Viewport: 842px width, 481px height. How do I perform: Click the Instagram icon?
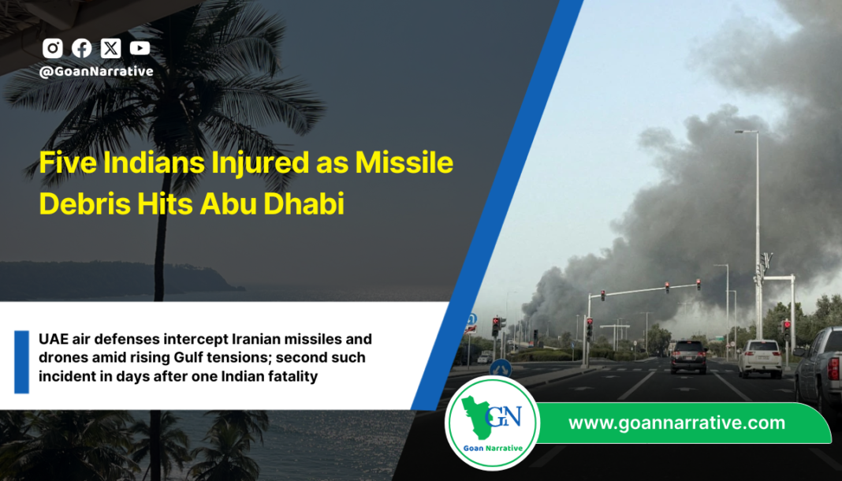[53, 48]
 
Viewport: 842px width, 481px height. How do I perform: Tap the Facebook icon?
[82, 48]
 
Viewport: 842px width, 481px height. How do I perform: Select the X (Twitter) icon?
[111, 48]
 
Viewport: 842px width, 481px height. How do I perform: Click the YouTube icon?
[140, 48]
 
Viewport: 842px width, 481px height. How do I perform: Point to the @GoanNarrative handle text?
[96, 71]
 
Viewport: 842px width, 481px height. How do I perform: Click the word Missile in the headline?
[404, 163]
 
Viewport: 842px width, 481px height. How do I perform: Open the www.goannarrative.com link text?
[676, 423]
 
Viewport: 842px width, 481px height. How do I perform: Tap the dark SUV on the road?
[688, 356]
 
